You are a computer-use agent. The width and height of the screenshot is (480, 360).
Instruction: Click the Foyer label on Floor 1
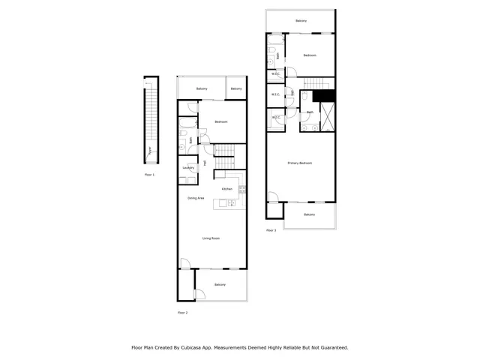(149, 149)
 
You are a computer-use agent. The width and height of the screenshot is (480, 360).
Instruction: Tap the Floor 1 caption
(149, 175)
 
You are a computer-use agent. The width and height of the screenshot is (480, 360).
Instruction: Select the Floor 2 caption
(182, 312)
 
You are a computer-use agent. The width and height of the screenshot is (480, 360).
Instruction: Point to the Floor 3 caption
(271, 230)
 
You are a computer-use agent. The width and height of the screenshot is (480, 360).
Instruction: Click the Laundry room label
(188, 168)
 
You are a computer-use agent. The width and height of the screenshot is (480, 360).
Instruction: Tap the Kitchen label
(226, 188)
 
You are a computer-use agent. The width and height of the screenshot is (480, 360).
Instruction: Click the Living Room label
(211, 238)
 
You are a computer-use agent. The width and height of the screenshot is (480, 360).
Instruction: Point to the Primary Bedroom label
(300, 163)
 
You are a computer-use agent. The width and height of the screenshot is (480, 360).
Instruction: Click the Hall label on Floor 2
(205, 163)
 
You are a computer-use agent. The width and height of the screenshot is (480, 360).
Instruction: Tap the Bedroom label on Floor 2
(220, 121)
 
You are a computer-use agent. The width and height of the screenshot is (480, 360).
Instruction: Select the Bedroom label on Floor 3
(310, 55)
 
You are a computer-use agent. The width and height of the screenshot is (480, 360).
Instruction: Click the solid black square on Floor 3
(323, 95)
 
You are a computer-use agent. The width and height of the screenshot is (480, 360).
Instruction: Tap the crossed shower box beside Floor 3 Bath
(328, 117)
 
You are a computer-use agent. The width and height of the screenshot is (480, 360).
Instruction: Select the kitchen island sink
(231, 203)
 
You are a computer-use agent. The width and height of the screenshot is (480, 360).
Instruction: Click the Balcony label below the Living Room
(220, 285)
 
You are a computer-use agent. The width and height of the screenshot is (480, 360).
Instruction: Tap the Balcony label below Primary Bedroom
(310, 215)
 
